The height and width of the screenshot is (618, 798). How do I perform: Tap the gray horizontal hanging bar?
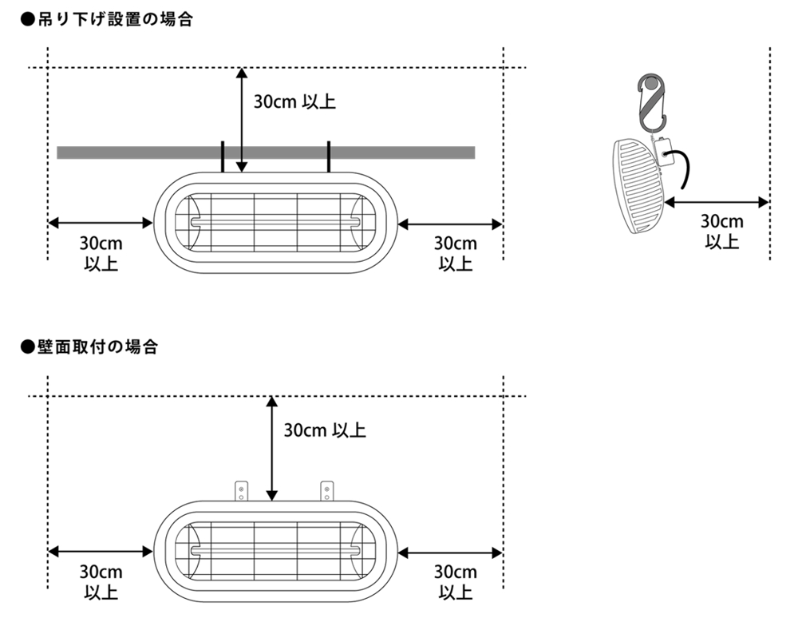point(266,153)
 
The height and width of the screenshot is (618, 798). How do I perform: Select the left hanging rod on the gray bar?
point(223,156)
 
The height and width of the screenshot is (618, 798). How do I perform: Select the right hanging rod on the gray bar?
point(329,156)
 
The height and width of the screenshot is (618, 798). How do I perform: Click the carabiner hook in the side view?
point(652,101)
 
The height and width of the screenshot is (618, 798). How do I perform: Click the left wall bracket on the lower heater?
point(241,491)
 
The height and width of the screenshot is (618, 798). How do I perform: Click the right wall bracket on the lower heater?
point(326,491)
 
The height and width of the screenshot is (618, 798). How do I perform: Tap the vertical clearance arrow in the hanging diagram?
point(242,120)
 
